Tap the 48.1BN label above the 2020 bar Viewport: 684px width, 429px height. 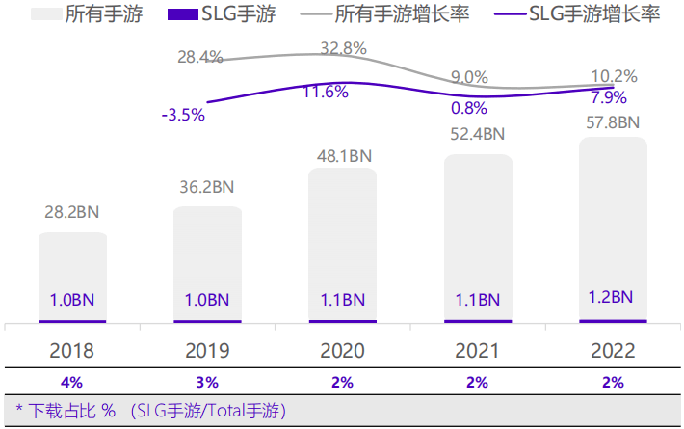tap(342, 154)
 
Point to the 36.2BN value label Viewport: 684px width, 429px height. tap(207, 187)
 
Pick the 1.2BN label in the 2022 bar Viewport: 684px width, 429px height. tap(613, 297)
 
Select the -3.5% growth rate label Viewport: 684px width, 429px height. tap(183, 115)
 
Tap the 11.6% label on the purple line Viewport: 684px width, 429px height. tap(326, 93)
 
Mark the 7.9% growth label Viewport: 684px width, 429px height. tap(609, 96)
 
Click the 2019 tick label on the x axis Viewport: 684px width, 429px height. tap(207, 350)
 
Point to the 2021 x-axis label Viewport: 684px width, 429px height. tap(478, 350)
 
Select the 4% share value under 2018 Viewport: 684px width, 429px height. tap(72, 382)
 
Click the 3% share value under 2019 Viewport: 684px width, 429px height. tap(207, 382)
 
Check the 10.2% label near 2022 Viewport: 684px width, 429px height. tap(614, 77)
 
